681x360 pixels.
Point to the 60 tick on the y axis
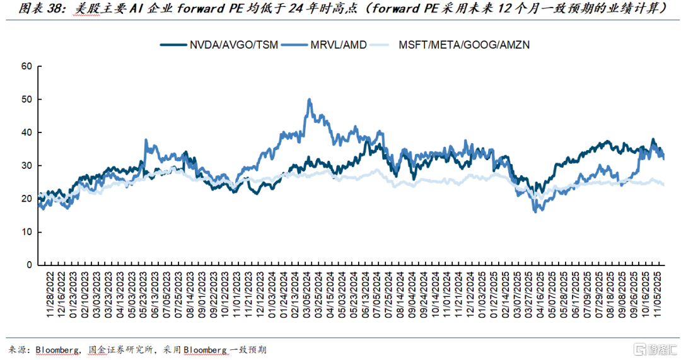[x=26, y=66]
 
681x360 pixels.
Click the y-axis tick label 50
[x=26, y=100]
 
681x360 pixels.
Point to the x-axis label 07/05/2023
[x=166, y=296]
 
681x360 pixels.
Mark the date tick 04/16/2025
[x=537, y=296]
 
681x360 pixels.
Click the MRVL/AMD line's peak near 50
[x=309, y=99]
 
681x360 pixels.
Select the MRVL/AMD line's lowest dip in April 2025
[x=535, y=211]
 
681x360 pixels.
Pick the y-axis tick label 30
[x=26, y=166]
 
